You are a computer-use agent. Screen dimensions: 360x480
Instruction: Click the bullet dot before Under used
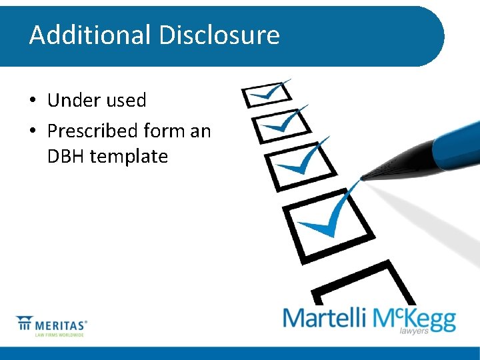[32, 101]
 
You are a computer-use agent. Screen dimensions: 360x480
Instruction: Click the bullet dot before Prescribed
[32, 131]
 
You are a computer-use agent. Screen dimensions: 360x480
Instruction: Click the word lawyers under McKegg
[414, 331]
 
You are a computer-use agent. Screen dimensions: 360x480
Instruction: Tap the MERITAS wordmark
[63, 325]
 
